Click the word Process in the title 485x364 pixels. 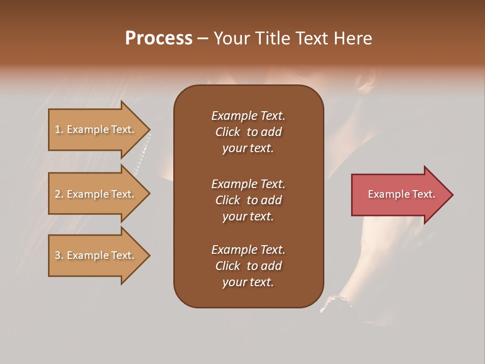coord(159,38)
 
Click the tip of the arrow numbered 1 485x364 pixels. coord(149,129)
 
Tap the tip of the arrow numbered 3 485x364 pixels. coord(149,255)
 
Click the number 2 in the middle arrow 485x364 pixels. coord(58,194)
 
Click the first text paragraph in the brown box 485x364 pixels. coord(248,132)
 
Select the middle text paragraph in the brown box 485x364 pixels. coord(248,200)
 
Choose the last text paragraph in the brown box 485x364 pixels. coord(248,266)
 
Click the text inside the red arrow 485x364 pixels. coord(402,194)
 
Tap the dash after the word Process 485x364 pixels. coord(203,38)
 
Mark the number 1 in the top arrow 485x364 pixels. coord(58,129)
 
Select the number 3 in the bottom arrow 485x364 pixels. coord(58,255)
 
